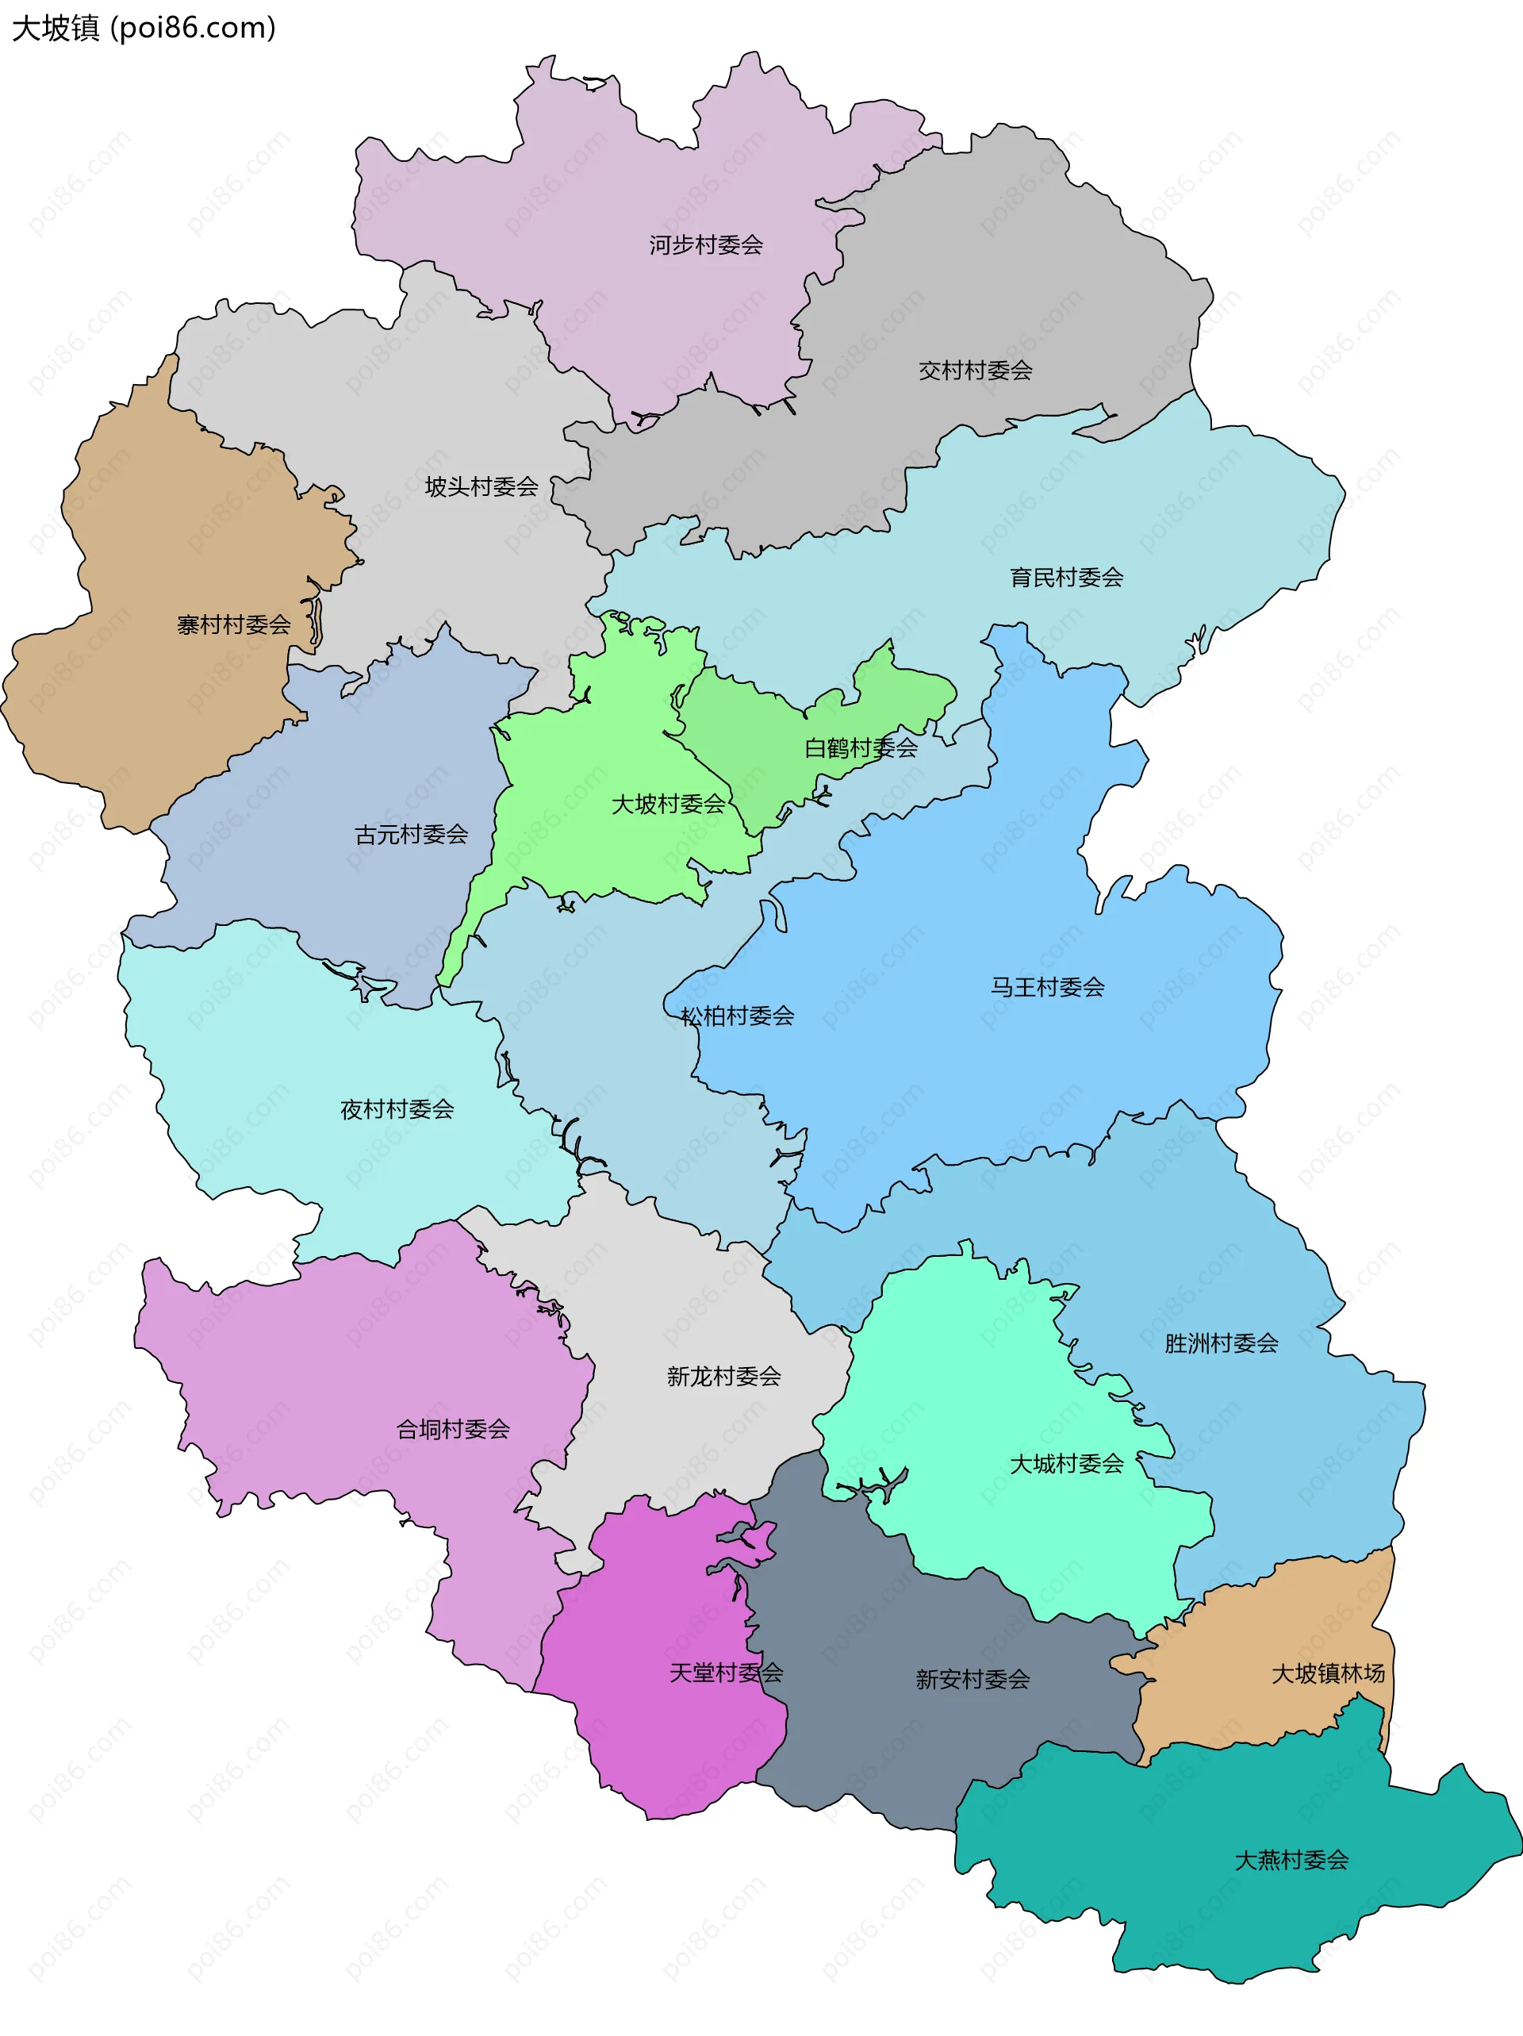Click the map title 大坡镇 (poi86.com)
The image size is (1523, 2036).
144,28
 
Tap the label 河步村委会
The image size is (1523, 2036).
706,245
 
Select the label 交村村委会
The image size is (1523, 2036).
976,370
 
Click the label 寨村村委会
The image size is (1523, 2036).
234,625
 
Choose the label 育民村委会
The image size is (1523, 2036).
1067,577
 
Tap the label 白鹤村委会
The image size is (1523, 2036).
861,747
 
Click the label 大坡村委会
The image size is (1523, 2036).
669,804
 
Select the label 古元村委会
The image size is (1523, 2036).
412,834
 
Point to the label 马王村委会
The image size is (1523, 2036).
1047,987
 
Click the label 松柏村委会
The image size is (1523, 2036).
737,1016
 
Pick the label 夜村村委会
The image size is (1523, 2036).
397,1109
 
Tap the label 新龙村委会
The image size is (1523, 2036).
724,1376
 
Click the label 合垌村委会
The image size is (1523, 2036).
453,1428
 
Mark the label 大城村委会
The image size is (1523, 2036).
1067,1463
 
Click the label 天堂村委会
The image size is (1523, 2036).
726,1673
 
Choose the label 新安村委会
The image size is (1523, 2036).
972,1679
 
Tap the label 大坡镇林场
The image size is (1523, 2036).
1328,1673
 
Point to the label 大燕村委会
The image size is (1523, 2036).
1291,1860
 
